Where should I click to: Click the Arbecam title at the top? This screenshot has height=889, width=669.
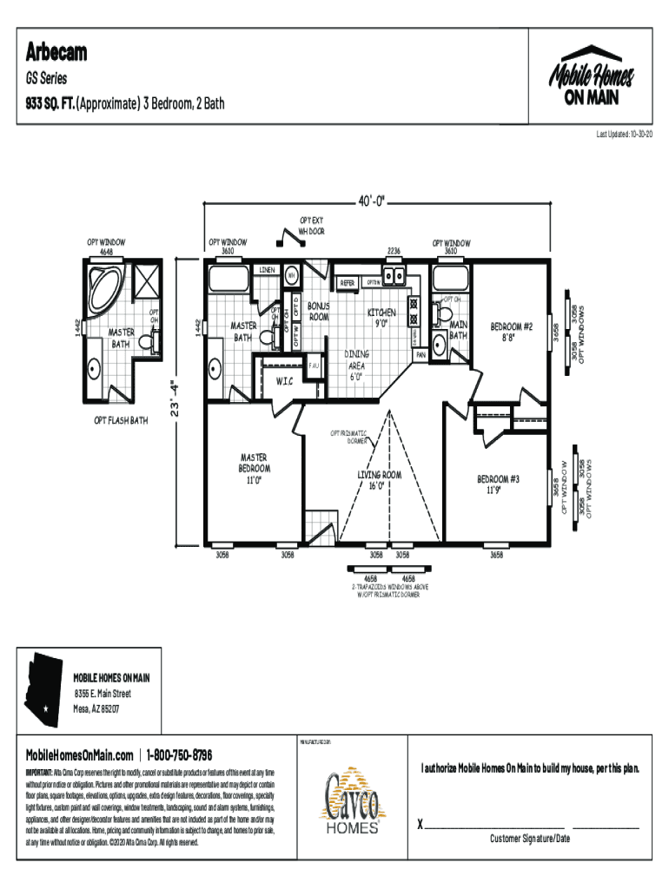click(x=56, y=53)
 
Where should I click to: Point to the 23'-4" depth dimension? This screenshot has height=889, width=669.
click(x=176, y=396)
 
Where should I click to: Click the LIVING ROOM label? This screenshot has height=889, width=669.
click(x=379, y=480)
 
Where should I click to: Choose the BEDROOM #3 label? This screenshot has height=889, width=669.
click(x=498, y=484)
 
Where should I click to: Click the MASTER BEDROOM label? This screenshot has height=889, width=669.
click(x=254, y=468)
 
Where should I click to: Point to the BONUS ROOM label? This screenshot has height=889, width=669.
click(x=319, y=313)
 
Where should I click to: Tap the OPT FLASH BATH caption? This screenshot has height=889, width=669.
click(x=121, y=421)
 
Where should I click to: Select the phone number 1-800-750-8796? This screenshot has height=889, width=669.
click(x=179, y=754)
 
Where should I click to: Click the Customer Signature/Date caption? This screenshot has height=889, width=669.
click(x=529, y=839)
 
